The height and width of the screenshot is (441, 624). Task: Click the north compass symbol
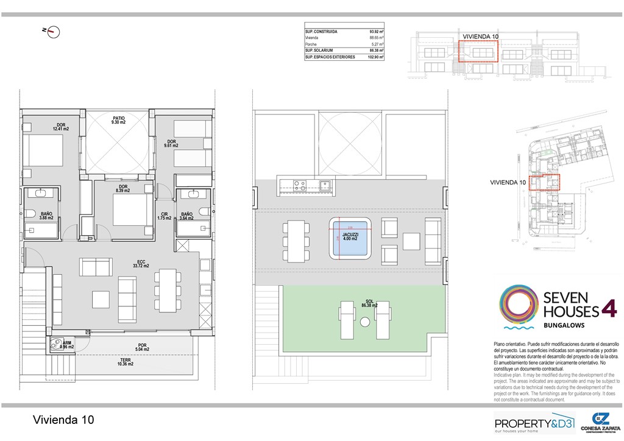[x=53, y=32]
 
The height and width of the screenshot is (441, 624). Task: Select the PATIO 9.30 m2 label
[x=118, y=121]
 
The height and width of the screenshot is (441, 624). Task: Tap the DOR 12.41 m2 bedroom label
[x=61, y=127]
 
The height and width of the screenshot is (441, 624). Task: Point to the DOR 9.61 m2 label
[x=171, y=143]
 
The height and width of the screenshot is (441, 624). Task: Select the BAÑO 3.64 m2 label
[x=187, y=216]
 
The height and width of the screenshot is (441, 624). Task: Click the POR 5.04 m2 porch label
[x=142, y=348]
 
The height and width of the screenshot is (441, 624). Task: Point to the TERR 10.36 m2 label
[x=126, y=362]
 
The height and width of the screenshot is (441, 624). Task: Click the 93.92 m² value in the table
[x=375, y=31]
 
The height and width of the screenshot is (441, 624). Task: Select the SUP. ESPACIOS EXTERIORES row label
[x=330, y=57]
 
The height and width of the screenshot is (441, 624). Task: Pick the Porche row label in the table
[x=311, y=44]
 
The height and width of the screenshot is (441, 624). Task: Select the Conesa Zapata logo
[x=601, y=422]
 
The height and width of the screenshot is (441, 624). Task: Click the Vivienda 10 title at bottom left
[x=63, y=420]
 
